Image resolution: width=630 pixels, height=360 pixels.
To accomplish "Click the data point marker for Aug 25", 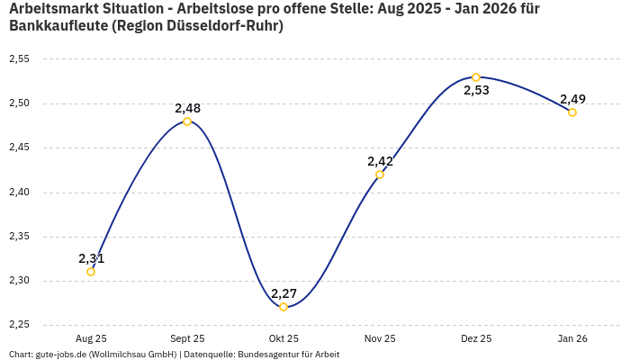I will coord(91,272).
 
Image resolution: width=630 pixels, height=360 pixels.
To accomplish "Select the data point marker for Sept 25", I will coord(187,121).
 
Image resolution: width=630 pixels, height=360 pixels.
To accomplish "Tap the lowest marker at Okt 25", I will coord(283,307).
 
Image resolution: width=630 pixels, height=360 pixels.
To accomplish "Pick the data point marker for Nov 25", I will coord(380,175).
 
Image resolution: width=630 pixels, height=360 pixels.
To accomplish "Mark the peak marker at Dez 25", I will coord(476,77).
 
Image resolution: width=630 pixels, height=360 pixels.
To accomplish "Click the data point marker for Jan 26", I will coord(572,112).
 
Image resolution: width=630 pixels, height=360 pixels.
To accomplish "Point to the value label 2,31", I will coord(91,258).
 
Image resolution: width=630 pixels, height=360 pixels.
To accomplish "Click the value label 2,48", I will coord(187,108).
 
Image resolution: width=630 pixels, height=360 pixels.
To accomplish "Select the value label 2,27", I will coord(283,293).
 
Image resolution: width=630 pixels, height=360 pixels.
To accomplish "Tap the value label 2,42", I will coord(380,161).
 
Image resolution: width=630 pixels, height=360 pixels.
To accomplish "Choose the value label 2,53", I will coord(476,91).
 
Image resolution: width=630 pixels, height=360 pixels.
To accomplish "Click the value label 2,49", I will coord(572,99).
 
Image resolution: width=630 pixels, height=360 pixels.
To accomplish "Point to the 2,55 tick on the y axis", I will coord(19,59).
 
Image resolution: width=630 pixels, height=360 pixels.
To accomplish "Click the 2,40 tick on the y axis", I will coord(19,193).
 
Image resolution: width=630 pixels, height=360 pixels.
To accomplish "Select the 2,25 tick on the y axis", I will coord(19,325).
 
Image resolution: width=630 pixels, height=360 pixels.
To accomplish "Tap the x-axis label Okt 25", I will coord(283,338).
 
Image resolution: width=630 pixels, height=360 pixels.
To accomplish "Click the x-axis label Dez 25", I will coord(476,338).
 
